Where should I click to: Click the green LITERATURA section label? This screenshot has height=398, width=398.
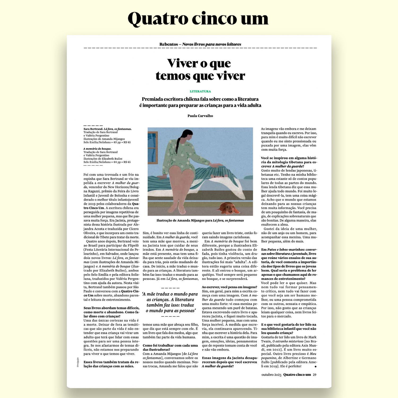coord(200,91)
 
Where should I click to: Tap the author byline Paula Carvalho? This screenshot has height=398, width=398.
coord(200,116)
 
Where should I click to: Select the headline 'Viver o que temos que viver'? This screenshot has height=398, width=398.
coord(200,70)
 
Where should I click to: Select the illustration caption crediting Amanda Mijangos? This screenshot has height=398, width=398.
coord(200,220)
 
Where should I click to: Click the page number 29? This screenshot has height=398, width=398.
coord(314,375)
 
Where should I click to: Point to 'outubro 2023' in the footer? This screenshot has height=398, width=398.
coord(271,375)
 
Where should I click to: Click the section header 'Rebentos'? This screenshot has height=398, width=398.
coord(168,44)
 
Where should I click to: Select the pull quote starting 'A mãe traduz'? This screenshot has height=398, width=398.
coord(170,302)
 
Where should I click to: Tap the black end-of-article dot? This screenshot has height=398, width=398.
coord(315,366)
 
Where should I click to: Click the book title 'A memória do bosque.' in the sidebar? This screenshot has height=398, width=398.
coord(97,149)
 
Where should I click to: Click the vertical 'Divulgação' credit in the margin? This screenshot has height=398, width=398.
coord(78,362)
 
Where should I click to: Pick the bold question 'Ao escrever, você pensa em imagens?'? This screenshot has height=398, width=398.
coord(229,287)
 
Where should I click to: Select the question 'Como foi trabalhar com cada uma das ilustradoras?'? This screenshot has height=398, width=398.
coord(170,347)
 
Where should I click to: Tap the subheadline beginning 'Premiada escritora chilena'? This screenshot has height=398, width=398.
coord(200,102)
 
